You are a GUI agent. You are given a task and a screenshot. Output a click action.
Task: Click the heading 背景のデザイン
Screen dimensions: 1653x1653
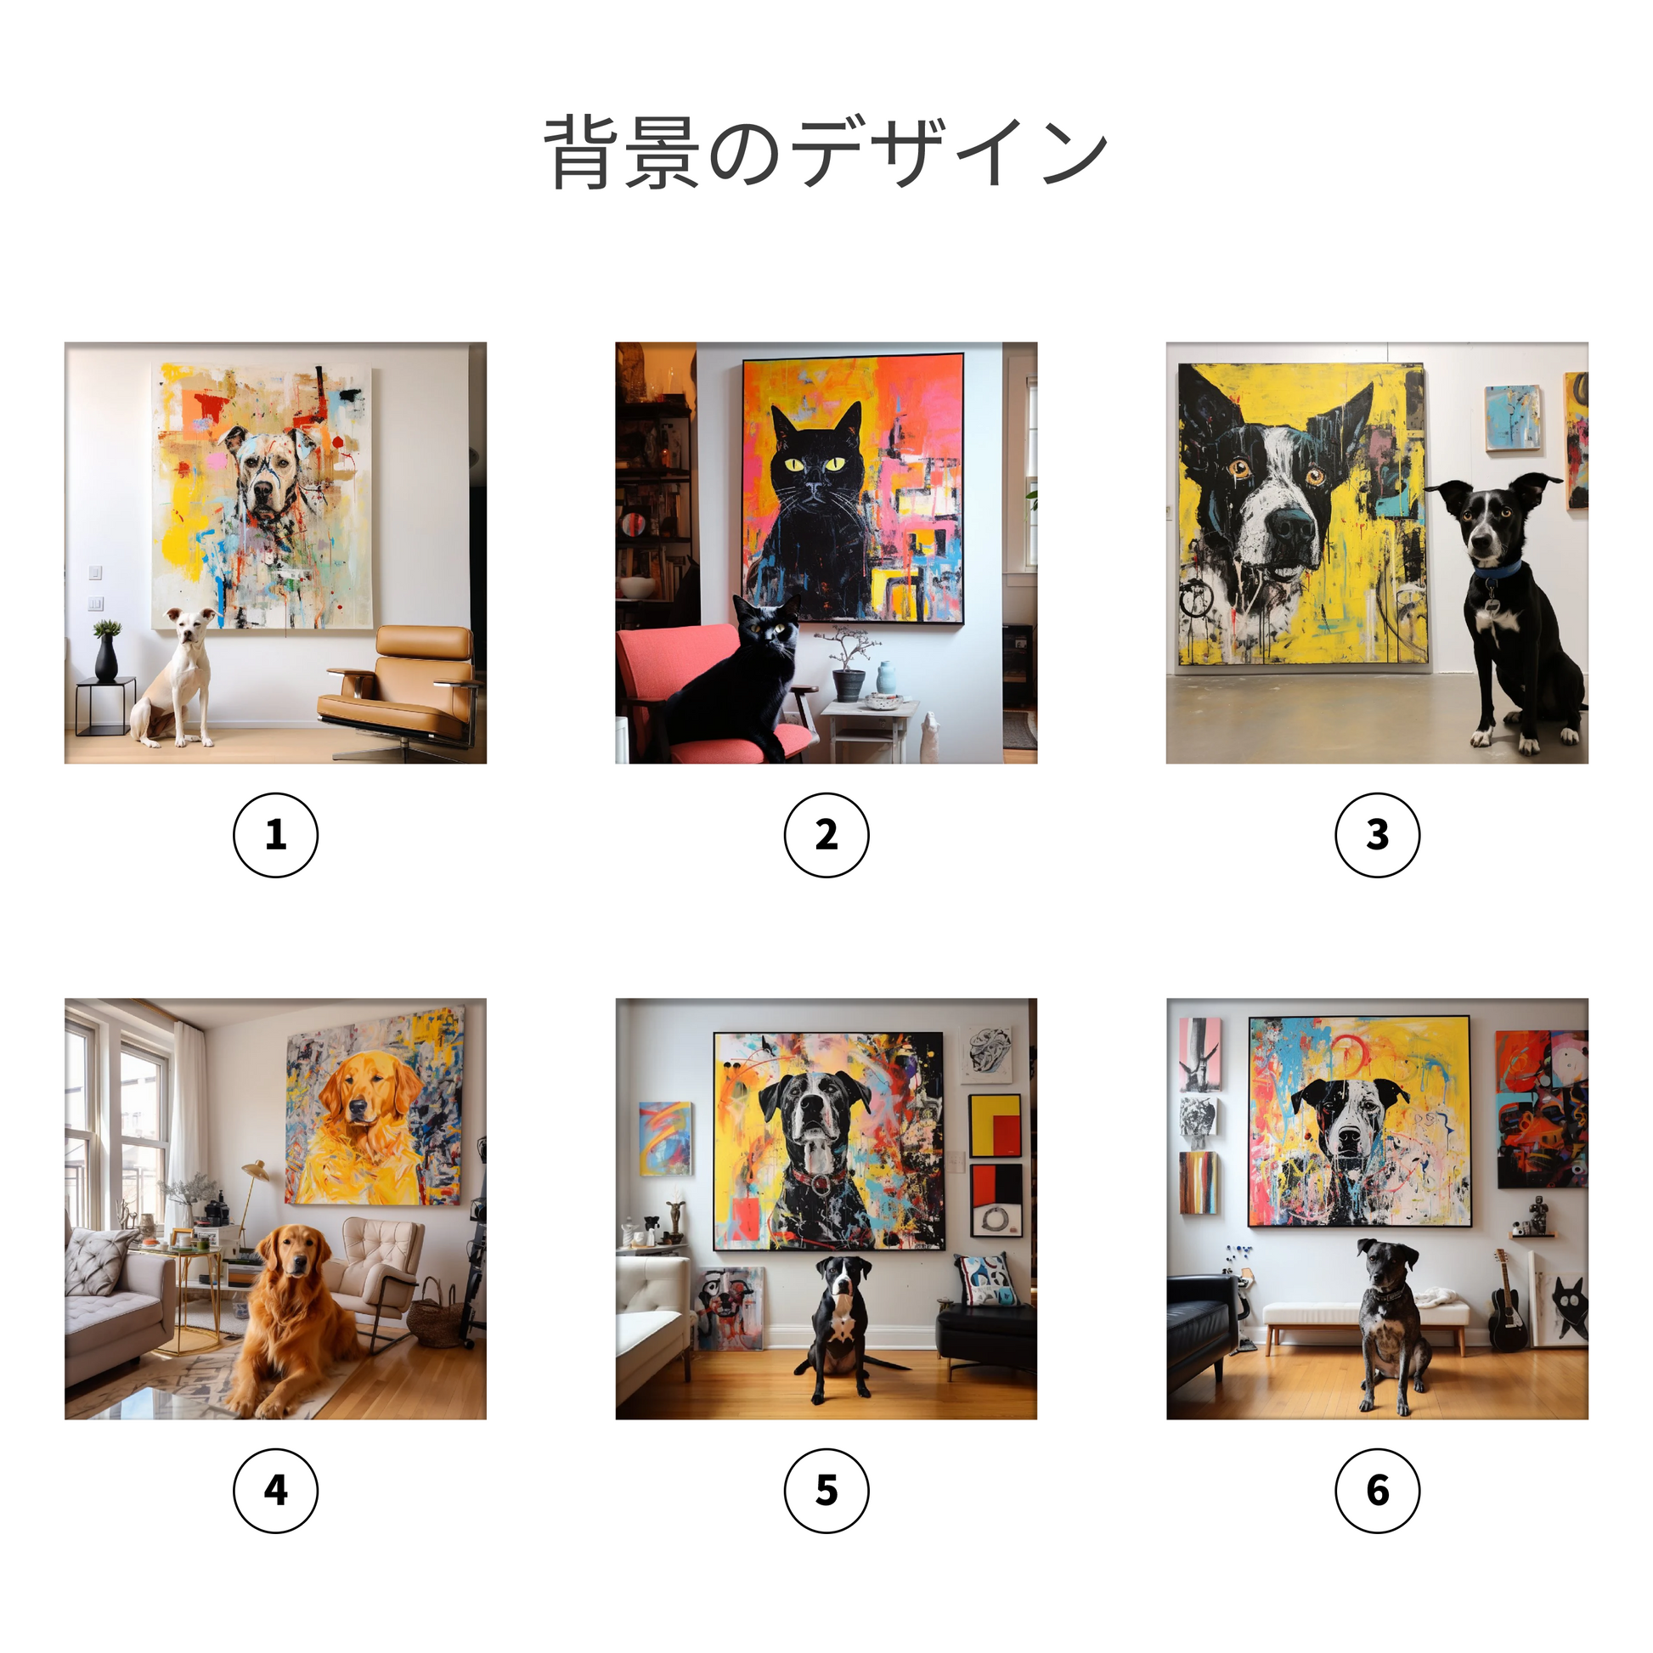(826, 152)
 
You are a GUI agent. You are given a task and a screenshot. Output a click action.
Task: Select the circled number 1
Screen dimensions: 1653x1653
(275, 835)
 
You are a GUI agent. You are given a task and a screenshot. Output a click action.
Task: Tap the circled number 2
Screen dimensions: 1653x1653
(826, 835)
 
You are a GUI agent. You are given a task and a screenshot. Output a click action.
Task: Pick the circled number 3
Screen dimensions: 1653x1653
(1378, 835)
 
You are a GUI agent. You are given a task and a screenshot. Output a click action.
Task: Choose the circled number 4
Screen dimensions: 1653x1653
(275, 1491)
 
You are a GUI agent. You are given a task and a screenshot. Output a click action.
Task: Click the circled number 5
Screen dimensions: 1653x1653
(826, 1491)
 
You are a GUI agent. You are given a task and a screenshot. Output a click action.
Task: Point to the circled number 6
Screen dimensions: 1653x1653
(1378, 1491)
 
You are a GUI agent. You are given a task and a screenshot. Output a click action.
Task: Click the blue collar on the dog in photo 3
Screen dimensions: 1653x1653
(1498, 570)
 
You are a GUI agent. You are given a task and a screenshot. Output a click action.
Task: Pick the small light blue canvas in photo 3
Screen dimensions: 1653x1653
(1512, 417)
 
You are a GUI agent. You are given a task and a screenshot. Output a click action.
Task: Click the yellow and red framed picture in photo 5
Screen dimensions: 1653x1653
(994, 1126)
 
